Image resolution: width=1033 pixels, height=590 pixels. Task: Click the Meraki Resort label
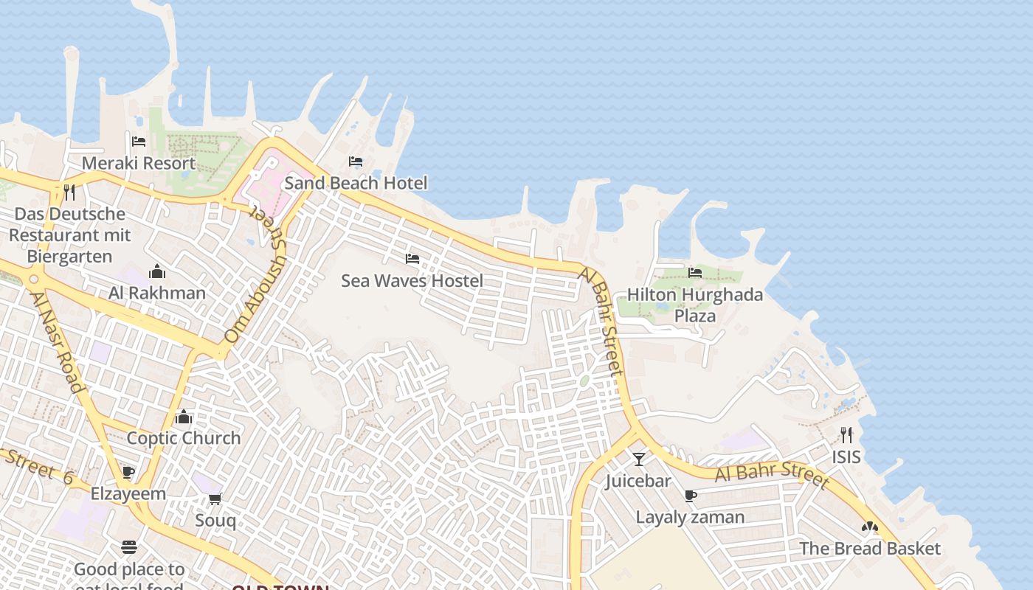(139, 163)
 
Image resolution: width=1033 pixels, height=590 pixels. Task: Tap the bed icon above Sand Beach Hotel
(356, 162)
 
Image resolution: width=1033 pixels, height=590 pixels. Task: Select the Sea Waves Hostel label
(412, 280)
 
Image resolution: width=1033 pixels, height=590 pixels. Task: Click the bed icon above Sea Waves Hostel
(412, 259)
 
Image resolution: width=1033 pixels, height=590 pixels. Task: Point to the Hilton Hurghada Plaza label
(695, 305)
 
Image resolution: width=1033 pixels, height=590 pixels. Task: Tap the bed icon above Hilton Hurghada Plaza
(695, 273)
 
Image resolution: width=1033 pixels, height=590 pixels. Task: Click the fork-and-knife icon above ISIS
(846, 435)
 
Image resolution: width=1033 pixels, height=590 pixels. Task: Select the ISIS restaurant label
(846, 457)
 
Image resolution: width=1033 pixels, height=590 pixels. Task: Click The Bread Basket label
(870, 549)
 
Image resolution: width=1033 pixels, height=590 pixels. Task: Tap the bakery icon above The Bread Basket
(870, 527)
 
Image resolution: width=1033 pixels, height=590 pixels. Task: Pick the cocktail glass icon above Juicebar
(639, 459)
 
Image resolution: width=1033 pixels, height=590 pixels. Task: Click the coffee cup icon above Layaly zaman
(691, 496)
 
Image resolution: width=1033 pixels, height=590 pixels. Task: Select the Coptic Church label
(184, 438)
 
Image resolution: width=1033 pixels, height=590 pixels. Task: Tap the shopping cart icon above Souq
(215, 499)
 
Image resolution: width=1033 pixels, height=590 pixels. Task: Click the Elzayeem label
(128, 494)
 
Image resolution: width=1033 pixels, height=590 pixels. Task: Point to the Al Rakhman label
(157, 293)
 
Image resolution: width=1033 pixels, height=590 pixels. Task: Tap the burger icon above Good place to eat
(129, 547)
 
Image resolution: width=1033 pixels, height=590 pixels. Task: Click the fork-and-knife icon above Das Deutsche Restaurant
(70, 192)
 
